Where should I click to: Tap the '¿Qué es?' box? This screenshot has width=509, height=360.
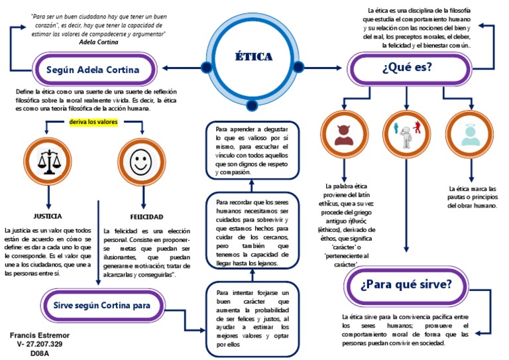pyautogui.click(x=407, y=68)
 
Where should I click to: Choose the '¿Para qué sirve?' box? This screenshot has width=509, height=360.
pyautogui.click(x=406, y=286)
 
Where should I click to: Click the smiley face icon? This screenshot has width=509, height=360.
pyautogui.click(x=141, y=161)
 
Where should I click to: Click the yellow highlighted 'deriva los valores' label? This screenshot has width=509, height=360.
pyautogui.click(x=93, y=122)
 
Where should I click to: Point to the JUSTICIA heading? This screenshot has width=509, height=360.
pyautogui.click(x=48, y=216)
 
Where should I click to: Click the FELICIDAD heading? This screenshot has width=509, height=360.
pyautogui.click(x=146, y=217)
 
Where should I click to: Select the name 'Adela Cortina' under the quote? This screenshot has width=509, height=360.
pyautogui.click(x=98, y=42)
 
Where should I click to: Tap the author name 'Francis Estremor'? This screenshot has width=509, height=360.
pyautogui.click(x=40, y=335)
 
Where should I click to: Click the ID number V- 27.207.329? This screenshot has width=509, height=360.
pyautogui.click(x=40, y=345)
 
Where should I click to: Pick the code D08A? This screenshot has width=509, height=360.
pyautogui.click(x=40, y=354)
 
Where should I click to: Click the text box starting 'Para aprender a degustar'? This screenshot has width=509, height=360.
pyautogui.click(x=253, y=150)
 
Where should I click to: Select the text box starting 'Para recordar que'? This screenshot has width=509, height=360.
pyautogui.click(x=253, y=231)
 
